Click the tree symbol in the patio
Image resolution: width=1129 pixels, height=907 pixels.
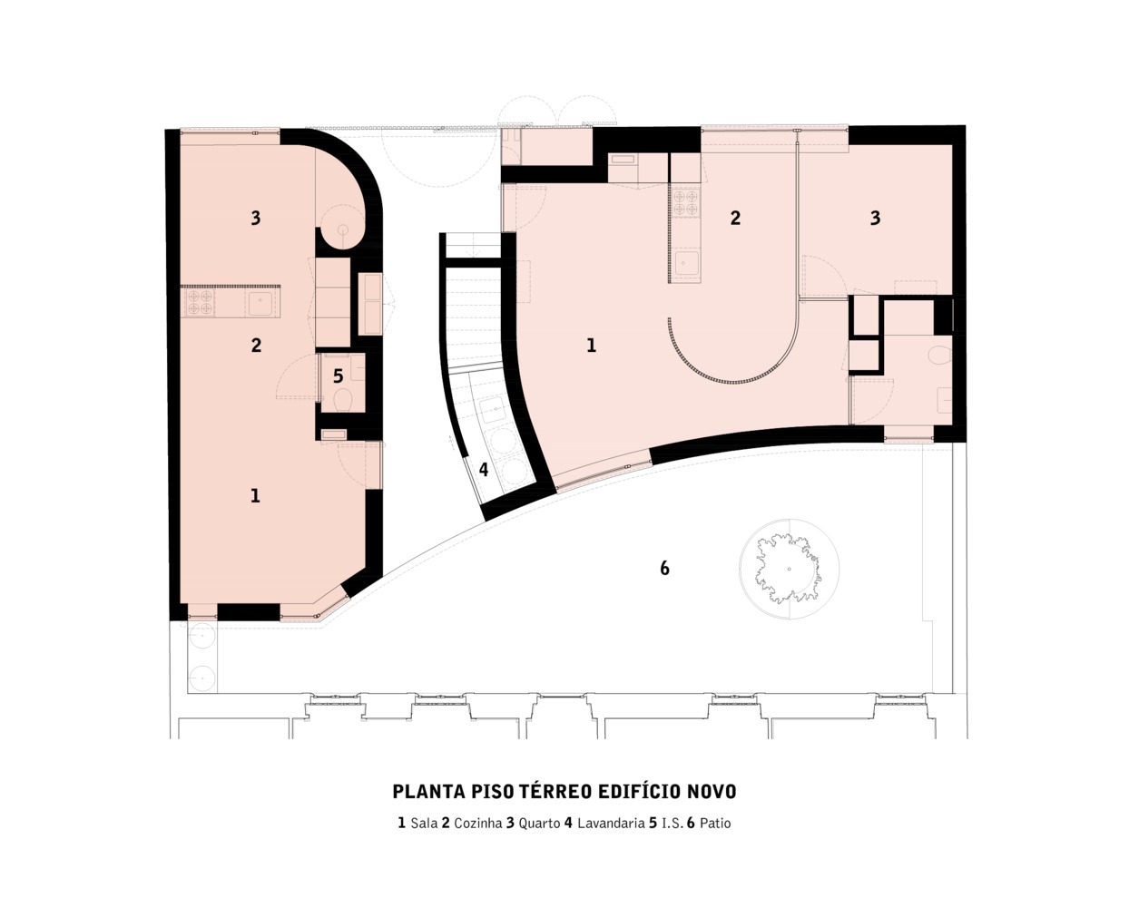(x=789, y=568)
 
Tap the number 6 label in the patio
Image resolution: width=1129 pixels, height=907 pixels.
(x=664, y=568)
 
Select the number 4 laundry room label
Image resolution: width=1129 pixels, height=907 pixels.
(x=483, y=469)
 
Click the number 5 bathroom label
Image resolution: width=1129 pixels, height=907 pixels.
(x=338, y=375)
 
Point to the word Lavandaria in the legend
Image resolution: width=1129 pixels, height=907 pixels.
(x=611, y=823)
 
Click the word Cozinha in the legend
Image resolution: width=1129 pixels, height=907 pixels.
(x=478, y=823)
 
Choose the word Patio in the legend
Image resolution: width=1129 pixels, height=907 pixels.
(x=715, y=823)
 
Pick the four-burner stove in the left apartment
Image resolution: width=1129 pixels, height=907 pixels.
(x=200, y=302)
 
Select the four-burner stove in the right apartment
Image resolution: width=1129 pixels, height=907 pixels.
(x=686, y=203)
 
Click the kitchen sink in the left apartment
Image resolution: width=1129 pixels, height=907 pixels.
(x=260, y=304)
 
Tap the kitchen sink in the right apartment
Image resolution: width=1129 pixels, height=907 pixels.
(x=686, y=263)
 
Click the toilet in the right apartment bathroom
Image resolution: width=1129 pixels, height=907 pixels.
(x=939, y=355)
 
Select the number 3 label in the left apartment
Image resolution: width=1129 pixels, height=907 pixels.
(x=256, y=217)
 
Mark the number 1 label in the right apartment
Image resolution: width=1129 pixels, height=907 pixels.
(x=591, y=345)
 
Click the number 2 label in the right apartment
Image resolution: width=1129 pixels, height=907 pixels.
(x=735, y=218)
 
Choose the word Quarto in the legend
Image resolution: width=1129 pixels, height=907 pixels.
(x=539, y=824)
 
